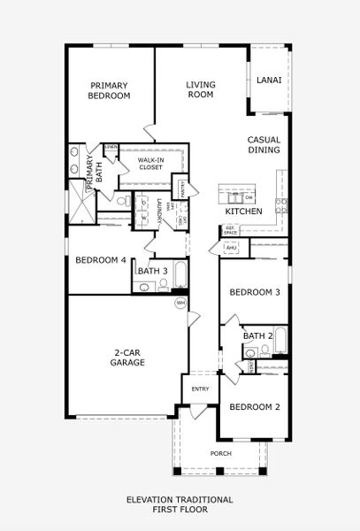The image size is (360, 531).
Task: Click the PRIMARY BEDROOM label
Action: [111, 90]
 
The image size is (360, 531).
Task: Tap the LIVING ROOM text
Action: [201, 89]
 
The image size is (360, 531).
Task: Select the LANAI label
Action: [269, 81]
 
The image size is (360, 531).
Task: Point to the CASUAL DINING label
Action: [264, 145]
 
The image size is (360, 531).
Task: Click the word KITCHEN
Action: [243, 212]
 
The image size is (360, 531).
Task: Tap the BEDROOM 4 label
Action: [100, 260]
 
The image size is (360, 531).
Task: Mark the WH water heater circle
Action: [180, 303]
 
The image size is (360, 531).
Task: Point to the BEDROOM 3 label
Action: [255, 293]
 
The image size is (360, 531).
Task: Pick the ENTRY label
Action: [200, 389]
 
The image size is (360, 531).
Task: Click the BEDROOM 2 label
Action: [255, 407]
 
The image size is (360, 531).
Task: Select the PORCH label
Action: [220, 454]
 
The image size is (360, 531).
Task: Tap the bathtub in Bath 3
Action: [180, 276]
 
